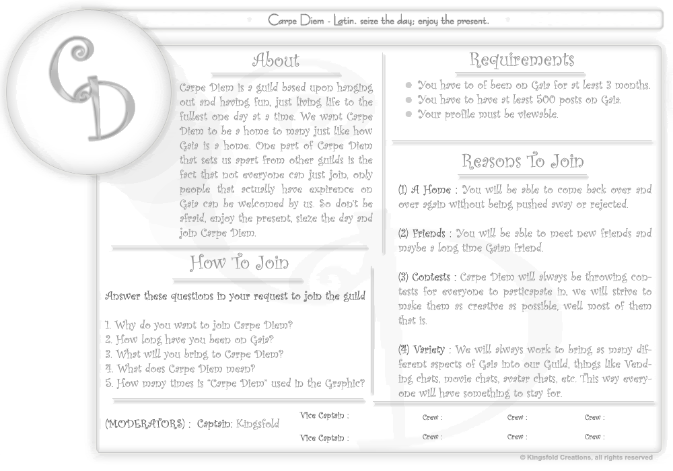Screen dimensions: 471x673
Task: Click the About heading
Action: (275, 61)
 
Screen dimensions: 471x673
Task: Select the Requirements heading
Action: (522, 60)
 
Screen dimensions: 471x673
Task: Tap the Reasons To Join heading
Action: (522, 161)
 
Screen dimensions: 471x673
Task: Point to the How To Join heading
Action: (239, 262)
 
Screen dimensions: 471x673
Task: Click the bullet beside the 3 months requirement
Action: (409, 85)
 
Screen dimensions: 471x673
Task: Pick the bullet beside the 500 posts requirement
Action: (409, 100)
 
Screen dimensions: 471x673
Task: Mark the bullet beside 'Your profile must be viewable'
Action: (409, 114)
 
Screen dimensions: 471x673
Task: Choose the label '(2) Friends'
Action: (422, 233)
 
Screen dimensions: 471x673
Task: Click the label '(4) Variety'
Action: (422, 350)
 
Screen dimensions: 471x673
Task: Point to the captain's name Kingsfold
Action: (258, 424)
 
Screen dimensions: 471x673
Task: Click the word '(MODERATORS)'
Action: (144, 424)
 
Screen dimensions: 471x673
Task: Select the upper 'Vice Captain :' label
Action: (324, 415)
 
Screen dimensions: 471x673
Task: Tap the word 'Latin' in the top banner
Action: (345, 20)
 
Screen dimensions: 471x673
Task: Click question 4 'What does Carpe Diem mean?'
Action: (180, 369)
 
